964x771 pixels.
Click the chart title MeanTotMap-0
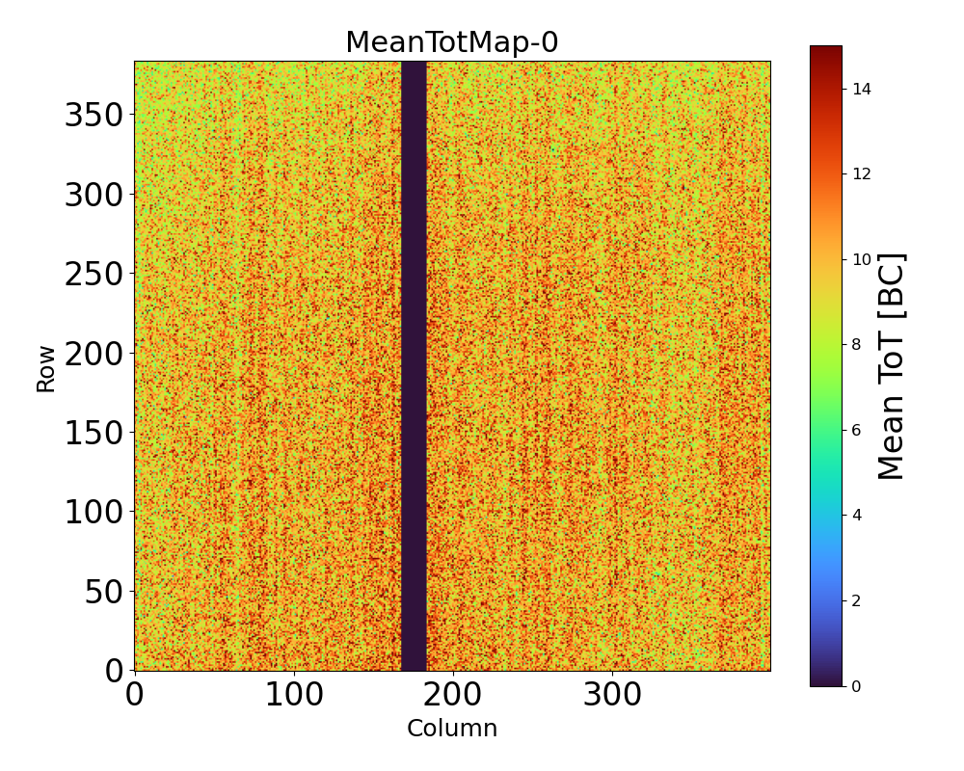coord(452,42)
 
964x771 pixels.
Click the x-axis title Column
coord(452,729)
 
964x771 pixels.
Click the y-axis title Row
coord(46,367)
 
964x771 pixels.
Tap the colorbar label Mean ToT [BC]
coord(893,366)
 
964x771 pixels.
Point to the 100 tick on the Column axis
coord(294,695)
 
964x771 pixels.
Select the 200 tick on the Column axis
coord(453,695)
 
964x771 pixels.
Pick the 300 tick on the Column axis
coord(612,695)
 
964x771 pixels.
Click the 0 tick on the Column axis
coord(135,695)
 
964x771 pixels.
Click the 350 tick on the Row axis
coord(94,116)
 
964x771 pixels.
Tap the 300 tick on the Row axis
coord(94,196)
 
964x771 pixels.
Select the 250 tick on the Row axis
coord(94,275)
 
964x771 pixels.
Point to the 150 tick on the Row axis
coord(94,433)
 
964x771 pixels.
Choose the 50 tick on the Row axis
coord(105,592)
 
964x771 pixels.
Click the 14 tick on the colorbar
coord(861,89)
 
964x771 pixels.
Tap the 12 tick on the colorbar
coord(861,173)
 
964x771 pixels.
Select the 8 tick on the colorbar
coord(857,344)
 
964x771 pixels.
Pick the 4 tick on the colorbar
coord(857,515)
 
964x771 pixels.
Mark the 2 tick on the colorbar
coord(857,600)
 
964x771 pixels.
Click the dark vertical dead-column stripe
coord(414,366)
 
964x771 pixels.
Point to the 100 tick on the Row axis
coord(94,513)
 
